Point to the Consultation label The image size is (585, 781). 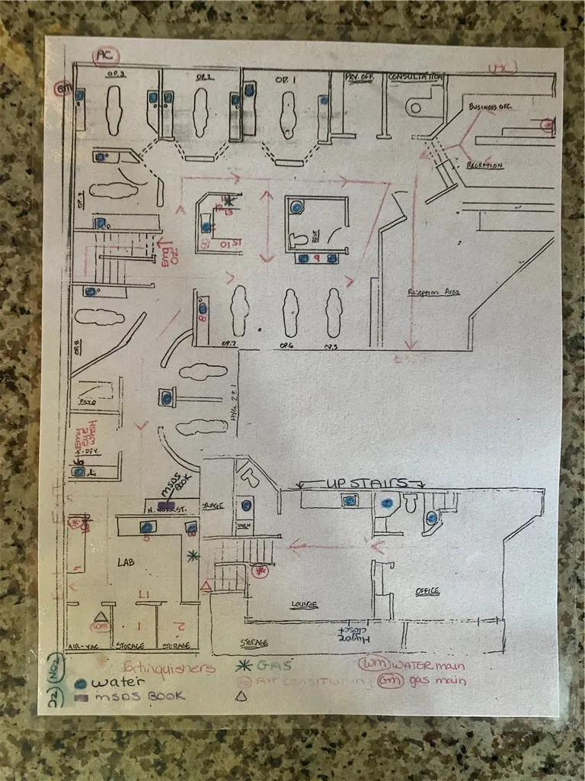click(x=415, y=77)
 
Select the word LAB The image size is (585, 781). click(x=126, y=561)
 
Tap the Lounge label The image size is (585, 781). click(x=304, y=604)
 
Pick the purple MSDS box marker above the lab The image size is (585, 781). click(x=166, y=505)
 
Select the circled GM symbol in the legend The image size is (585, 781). click(x=389, y=680)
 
